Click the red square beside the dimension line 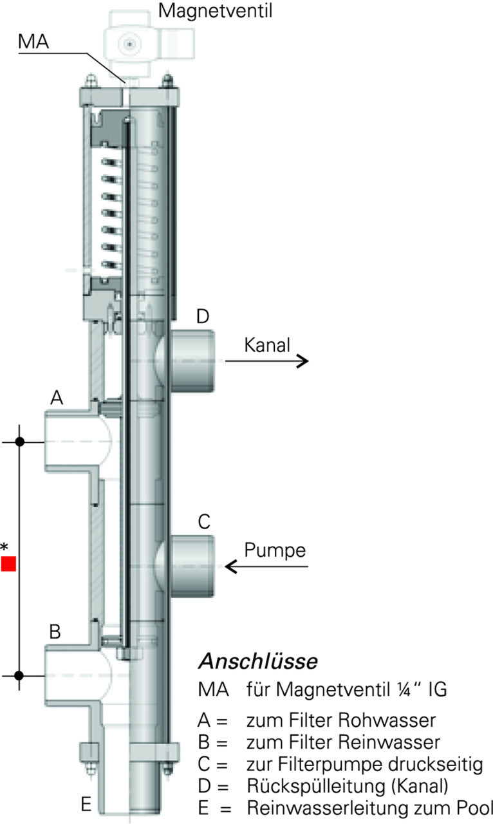click(x=8, y=564)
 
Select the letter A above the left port click(x=57, y=399)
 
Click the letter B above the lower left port click(x=55, y=632)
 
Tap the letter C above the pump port click(x=203, y=523)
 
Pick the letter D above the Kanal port click(x=203, y=317)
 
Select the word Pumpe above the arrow click(x=275, y=551)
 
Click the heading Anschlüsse click(x=257, y=661)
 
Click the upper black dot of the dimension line click(x=20, y=442)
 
